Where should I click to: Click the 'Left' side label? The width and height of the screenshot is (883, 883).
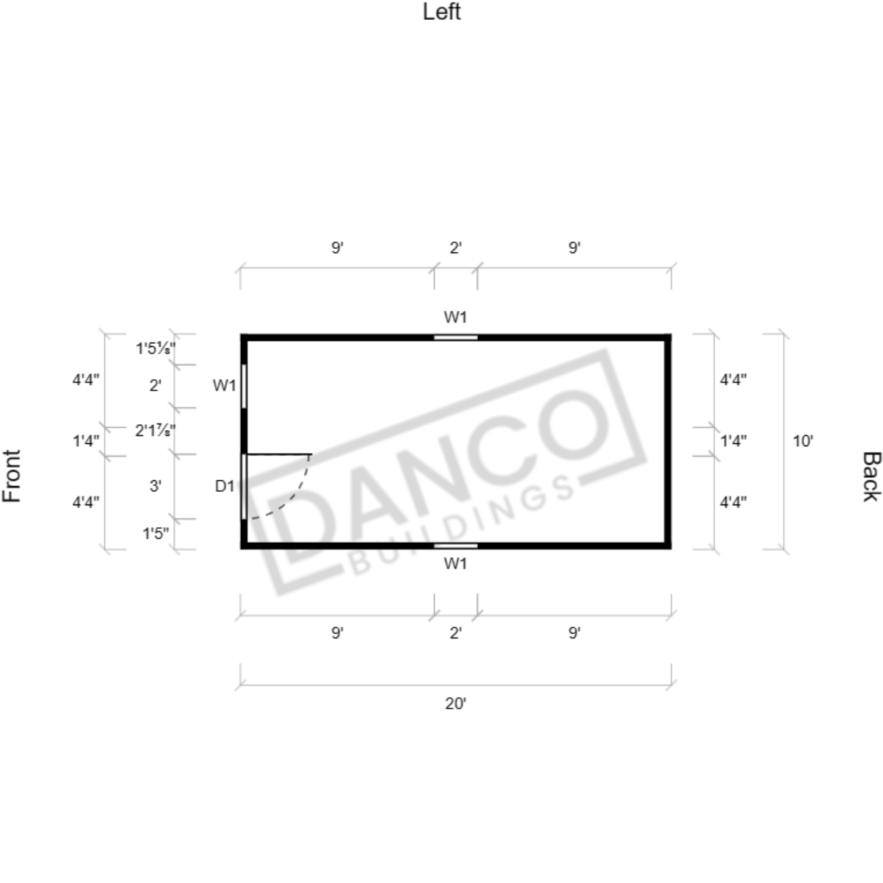(442, 12)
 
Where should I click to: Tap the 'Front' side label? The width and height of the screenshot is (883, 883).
(12, 476)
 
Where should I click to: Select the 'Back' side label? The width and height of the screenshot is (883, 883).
(871, 476)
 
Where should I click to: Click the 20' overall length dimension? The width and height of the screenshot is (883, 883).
(456, 704)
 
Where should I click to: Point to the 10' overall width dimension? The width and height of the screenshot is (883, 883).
(803, 441)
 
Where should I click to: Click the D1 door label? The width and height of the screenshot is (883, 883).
(225, 485)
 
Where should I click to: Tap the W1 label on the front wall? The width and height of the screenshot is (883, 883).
(224, 386)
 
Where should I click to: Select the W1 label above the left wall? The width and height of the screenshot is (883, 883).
(456, 317)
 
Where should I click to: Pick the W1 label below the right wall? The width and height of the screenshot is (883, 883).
(456, 563)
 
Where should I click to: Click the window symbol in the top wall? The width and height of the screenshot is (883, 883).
(456, 338)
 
